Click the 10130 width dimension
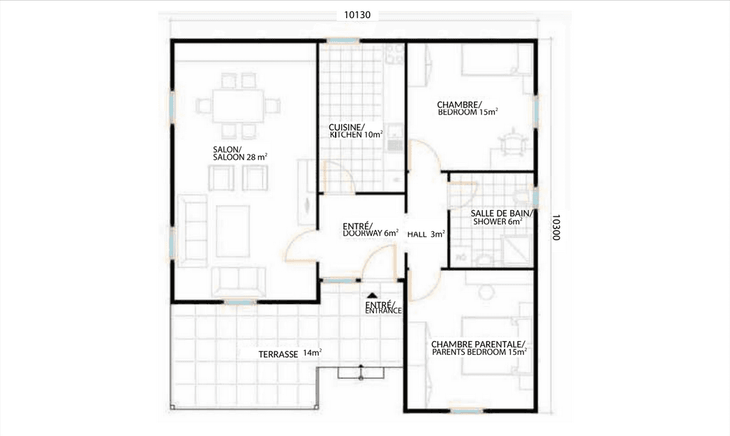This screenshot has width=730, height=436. (357, 15)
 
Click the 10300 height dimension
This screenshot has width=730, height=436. (555, 228)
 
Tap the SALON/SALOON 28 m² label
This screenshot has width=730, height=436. (240, 154)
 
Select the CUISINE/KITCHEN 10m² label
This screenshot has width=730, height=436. (356, 131)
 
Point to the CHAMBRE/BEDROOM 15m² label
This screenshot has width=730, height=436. (468, 108)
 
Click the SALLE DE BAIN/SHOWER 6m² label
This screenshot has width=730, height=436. (500, 217)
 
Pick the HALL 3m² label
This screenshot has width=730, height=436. (426, 234)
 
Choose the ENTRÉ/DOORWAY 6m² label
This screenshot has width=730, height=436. (371, 229)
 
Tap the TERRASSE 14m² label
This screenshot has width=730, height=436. (290, 354)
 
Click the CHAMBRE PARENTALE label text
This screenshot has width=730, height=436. (478, 344)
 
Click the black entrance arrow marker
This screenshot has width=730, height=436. (372, 295)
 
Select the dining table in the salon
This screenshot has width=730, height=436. (238, 106)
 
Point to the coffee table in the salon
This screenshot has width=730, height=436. (233, 231)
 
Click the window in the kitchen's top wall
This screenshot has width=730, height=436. (343, 41)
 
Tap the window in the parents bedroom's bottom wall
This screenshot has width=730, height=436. (465, 411)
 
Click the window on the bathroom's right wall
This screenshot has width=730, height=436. (535, 197)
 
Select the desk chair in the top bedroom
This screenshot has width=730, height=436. (510, 140)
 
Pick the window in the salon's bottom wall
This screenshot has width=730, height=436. (240, 302)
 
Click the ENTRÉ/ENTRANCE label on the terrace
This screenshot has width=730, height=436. (383, 307)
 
